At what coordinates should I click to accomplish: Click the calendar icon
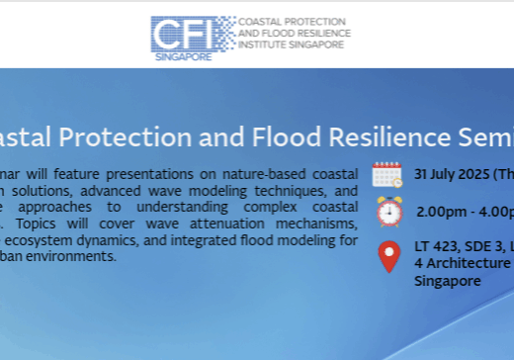tap(387, 174)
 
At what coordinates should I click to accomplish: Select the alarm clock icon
tap(388, 211)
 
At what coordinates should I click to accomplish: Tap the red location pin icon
tap(389, 255)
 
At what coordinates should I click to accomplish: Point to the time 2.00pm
tap(440, 211)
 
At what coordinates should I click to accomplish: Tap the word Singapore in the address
tap(448, 280)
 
